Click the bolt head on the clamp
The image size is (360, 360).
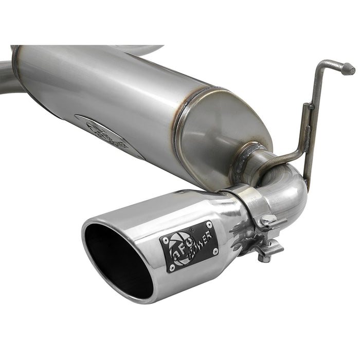[265, 256]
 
